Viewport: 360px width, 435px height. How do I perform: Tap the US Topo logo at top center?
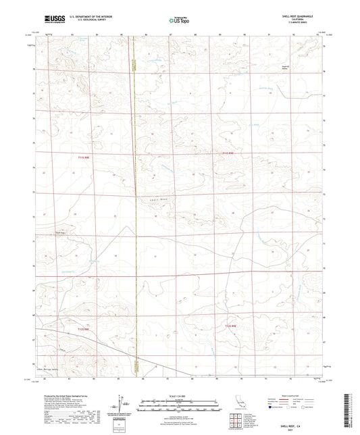180,21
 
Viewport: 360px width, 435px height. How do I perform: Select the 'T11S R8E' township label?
80,157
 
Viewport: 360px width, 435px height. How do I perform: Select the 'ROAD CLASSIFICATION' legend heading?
292,394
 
